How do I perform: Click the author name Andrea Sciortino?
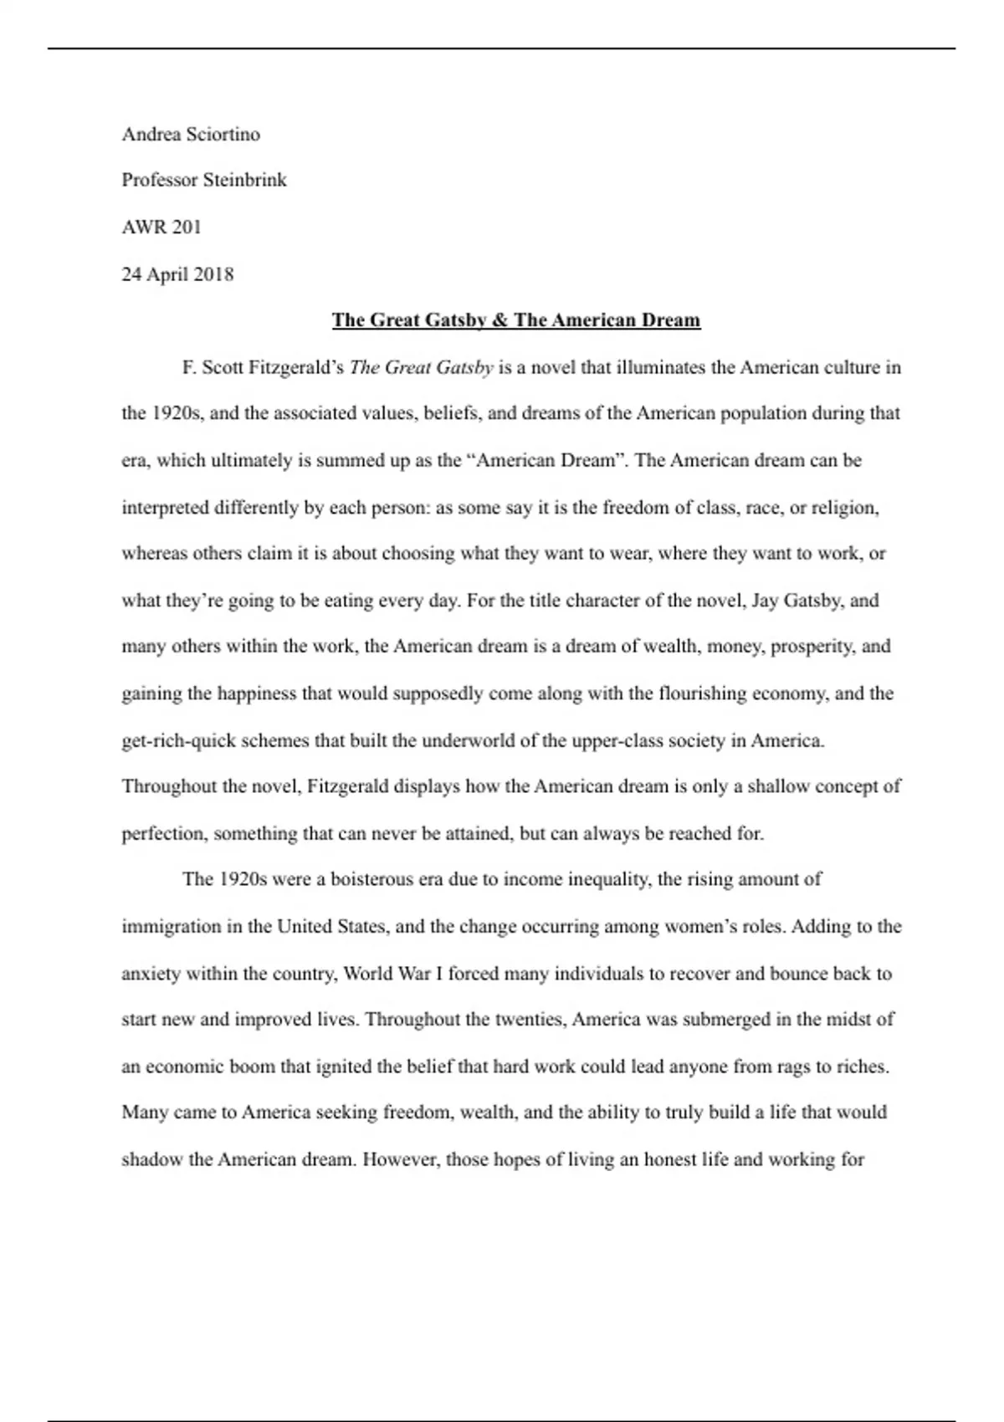pos(191,135)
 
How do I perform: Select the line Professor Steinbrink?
pos(204,180)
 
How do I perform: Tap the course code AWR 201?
pos(161,227)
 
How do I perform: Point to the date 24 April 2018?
pos(177,274)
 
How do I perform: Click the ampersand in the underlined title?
pos(499,320)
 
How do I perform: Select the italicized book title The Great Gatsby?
pos(421,367)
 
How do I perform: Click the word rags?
pos(793,1067)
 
